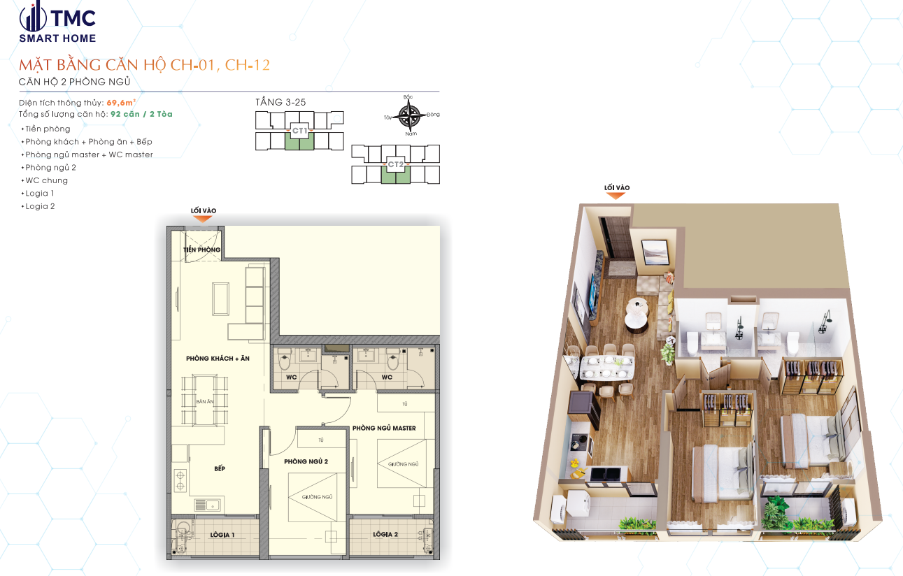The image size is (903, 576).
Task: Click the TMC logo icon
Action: click(32, 17)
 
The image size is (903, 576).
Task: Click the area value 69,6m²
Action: click(121, 103)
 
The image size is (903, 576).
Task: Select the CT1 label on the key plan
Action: click(300, 131)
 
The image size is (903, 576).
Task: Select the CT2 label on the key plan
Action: click(396, 165)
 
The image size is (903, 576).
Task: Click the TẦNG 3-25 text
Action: click(280, 102)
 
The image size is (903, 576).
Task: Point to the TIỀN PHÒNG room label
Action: click(202, 250)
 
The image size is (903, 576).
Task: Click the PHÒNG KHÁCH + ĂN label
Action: click(218, 359)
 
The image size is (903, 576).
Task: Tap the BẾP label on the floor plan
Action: click(220, 468)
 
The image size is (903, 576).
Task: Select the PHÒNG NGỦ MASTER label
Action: click(384, 428)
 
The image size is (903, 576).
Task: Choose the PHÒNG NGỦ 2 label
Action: click(306, 461)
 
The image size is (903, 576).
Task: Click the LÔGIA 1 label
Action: click(222, 535)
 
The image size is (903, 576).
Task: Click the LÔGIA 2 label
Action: click(385, 535)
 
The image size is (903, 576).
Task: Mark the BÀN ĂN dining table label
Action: click(205, 402)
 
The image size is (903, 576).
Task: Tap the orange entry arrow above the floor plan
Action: click(202, 219)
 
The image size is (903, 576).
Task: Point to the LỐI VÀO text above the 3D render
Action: click(617, 187)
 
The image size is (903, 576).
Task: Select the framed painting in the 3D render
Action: click(653, 250)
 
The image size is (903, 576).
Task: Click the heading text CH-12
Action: click(248, 66)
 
